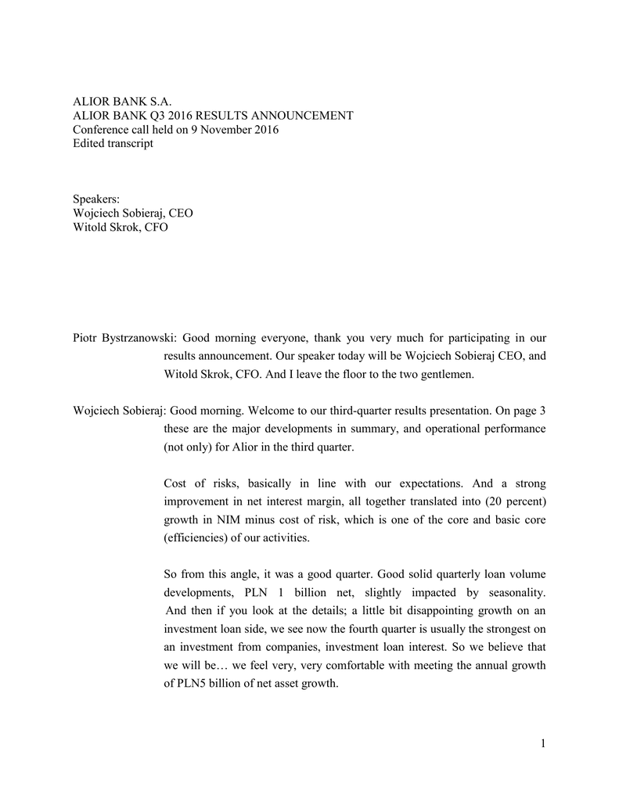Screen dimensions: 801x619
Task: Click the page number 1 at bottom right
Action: [542, 743]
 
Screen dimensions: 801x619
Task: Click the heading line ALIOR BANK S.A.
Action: [121, 101]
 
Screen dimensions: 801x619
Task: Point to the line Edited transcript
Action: [113, 143]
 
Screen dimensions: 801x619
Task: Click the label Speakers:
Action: [96, 199]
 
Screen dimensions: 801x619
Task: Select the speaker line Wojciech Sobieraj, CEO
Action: [132, 213]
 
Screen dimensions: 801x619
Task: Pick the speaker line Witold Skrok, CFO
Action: [120, 227]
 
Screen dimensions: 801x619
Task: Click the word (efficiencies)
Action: [198, 537]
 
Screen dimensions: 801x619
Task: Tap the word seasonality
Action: [513, 592]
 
